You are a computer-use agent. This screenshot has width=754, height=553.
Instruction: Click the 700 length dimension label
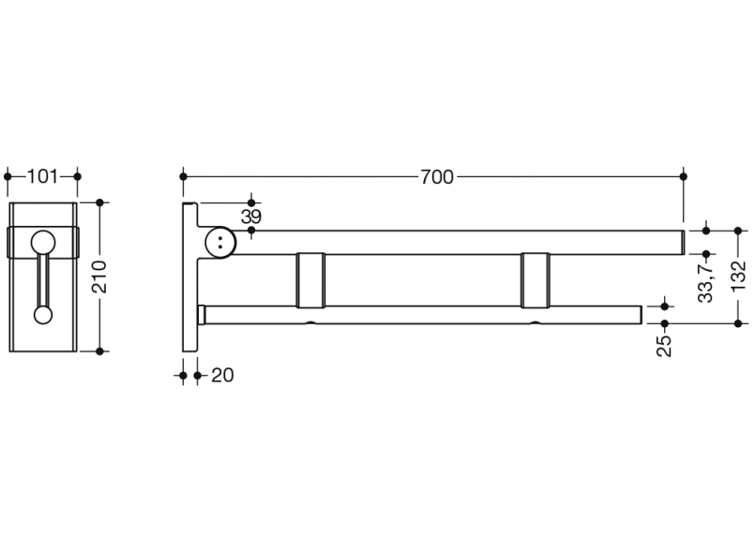pyautogui.click(x=437, y=177)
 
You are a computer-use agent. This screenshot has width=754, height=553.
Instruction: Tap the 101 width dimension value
pyautogui.click(x=42, y=176)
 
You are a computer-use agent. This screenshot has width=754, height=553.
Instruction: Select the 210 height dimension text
pyautogui.click(x=99, y=276)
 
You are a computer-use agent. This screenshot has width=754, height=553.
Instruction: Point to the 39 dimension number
pyautogui.click(x=251, y=217)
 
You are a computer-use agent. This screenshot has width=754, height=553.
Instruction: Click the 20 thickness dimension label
pyautogui.click(x=222, y=375)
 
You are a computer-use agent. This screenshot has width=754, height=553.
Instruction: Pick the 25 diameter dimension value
pyautogui.click(x=664, y=346)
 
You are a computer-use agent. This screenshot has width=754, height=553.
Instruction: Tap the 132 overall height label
pyautogui.click(x=738, y=276)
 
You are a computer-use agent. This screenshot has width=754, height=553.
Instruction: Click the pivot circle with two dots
pyautogui.click(x=220, y=242)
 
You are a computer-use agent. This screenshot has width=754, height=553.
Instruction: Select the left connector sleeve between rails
pyautogui.click(x=310, y=280)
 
